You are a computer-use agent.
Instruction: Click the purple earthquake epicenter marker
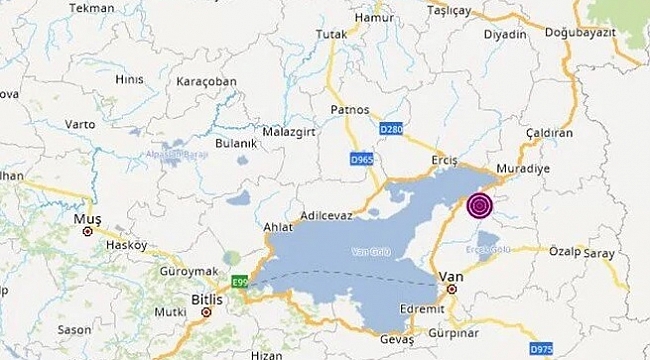(x=480, y=206)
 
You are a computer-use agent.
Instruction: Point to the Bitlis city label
(x=204, y=298)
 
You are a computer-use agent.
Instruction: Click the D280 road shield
(x=394, y=130)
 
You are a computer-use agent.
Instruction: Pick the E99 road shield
(x=237, y=281)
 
